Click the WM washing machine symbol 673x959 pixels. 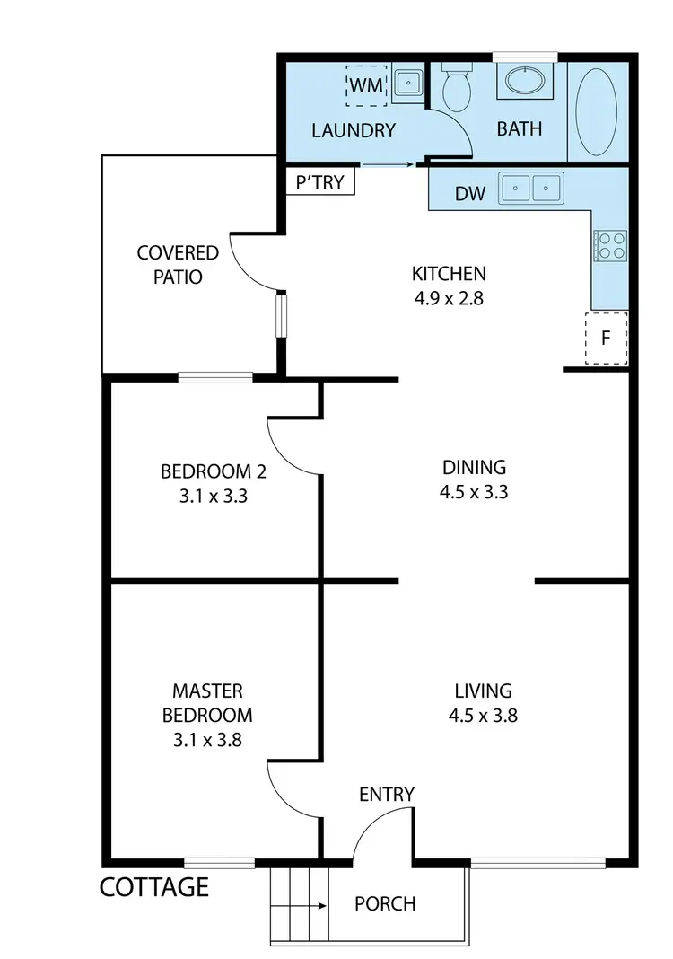pyautogui.click(x=365, y=85)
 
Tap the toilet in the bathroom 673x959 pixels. pyautogui.click(x=458, y=88)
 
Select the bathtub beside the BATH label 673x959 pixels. pyautogui.click(x=597, y=112)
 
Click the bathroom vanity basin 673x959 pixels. pyautogui.click(x=525, y=81)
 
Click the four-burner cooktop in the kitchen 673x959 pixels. pyautogui.click(x=609, y=245)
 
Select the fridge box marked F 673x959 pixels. pyautogui.click(x=606, y=339)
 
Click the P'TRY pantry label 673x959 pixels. pyautogui.click(x=320, y=182)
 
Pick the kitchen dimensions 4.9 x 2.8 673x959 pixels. pyautogui.click(x=448, y=299)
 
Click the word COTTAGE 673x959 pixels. pyautogui.click(x=153, y=888)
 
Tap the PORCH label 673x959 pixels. pyautogui.click(x=385, y=903)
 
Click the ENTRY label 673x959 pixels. pyautogui.click(x=387, y=794)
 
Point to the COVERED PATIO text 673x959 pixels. pyautogui.click(x=178, y=265)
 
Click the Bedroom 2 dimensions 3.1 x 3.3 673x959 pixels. pyautogui.click(x=213, y=494)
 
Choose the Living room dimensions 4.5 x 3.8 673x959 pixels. pyautogui.click(x=483, y=716)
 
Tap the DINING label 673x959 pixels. pyautogui.click(x=474, y=467)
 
